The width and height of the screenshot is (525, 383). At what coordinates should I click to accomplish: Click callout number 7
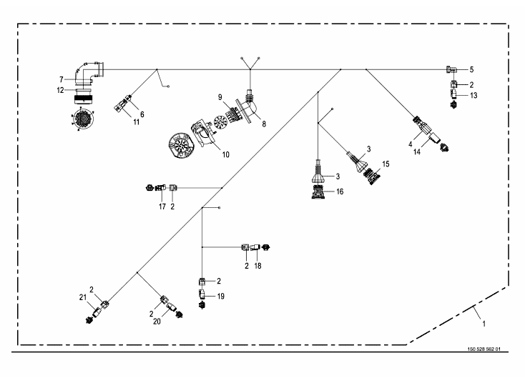pos(62,79)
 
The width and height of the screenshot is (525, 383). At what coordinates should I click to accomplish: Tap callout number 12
pos(60,90)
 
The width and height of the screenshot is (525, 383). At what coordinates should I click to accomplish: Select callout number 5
pos(471,70)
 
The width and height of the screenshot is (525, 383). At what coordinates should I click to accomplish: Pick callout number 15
pos(386,164)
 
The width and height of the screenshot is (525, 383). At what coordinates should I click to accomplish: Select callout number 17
pos(162,207)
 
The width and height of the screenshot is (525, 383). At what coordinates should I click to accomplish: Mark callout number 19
pos(221,295)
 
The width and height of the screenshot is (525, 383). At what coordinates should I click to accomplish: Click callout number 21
pos(82,297)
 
